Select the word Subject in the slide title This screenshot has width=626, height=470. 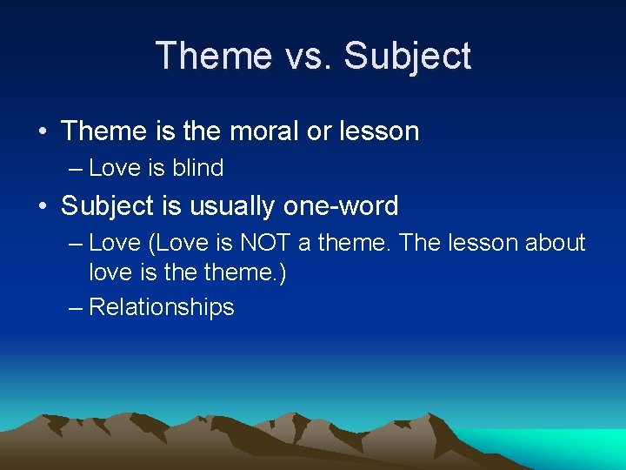408,56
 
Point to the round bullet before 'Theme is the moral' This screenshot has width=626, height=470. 42,132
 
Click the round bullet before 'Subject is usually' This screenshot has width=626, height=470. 42,207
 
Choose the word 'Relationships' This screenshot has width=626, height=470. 162,307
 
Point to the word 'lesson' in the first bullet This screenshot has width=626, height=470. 379,131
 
